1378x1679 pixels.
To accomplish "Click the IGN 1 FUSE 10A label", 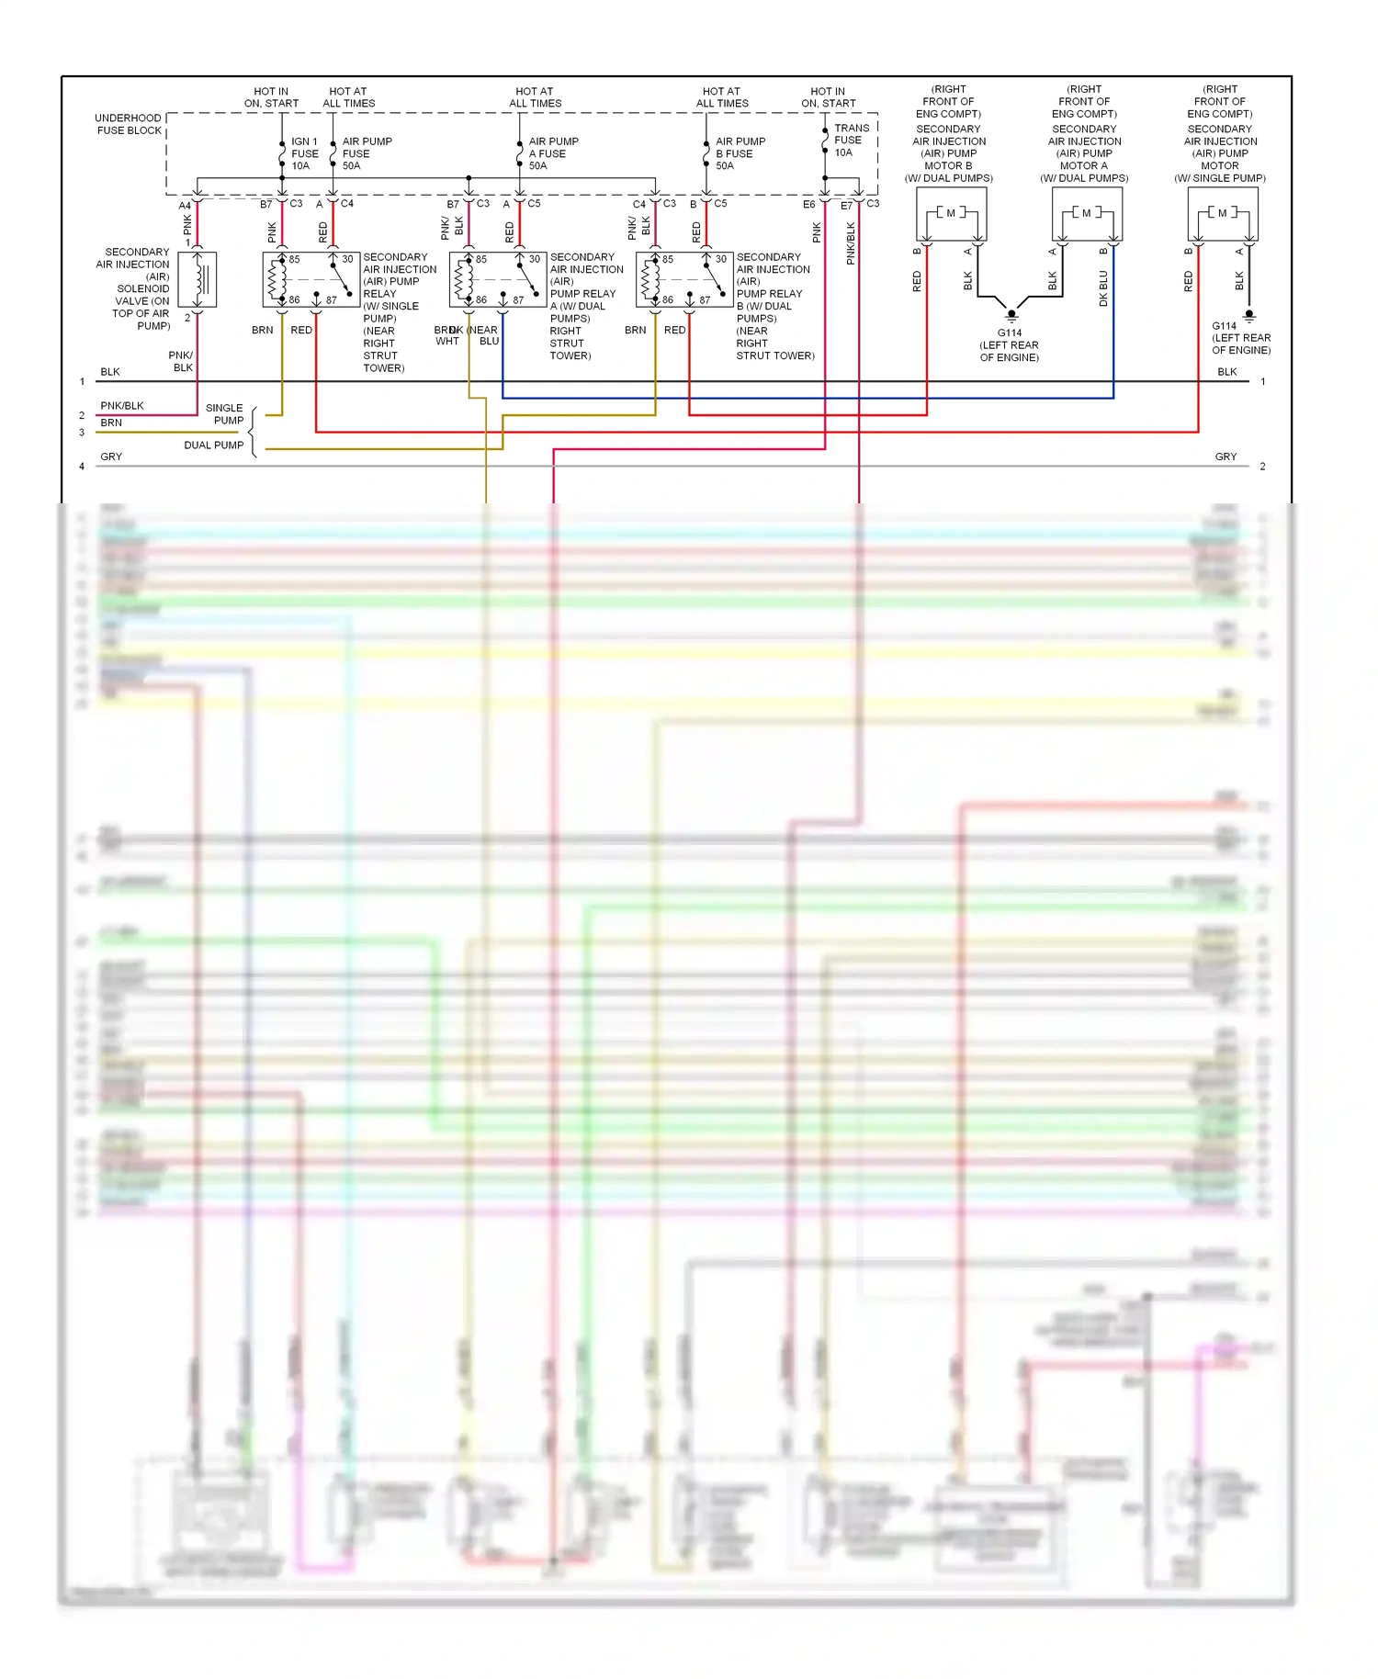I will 304,153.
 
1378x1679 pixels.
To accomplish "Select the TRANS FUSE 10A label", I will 851,141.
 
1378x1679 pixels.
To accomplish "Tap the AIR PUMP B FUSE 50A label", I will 740,153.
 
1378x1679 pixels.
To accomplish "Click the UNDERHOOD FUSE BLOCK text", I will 129,124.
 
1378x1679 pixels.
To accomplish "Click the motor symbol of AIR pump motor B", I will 951,213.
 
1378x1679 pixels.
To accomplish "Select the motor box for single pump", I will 1222,214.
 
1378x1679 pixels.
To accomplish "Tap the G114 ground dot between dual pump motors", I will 1011,314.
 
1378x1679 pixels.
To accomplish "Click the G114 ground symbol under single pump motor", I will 1248,315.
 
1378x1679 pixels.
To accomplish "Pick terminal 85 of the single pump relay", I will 294,260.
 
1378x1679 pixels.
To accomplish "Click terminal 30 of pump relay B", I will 721,260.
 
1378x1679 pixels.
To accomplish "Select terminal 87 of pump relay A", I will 518,300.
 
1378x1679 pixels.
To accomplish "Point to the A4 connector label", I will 185,206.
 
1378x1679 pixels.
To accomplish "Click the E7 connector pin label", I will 846,206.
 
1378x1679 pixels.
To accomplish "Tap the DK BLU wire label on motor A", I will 1103,287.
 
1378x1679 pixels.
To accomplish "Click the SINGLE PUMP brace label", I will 225,414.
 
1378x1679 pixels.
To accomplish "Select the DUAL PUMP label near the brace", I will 214,445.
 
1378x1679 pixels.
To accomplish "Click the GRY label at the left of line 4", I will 111,456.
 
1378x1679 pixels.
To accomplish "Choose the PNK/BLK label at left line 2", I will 122,406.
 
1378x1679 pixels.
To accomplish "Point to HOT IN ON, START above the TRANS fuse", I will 828,97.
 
